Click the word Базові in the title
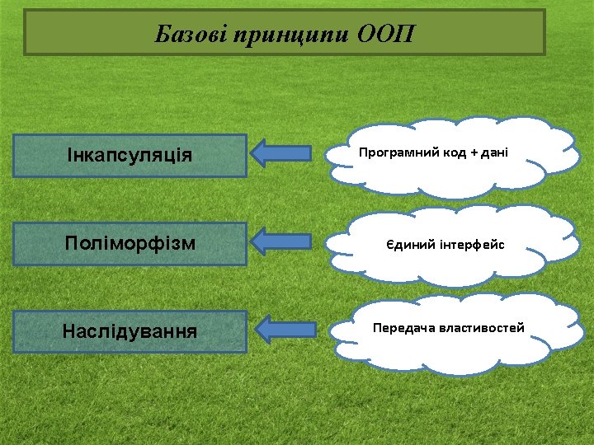pos(191,35)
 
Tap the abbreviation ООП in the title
pos(387,35)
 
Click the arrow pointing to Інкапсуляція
pos(280,153)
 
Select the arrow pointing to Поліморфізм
pos(280,241)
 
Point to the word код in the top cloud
pos(449,152)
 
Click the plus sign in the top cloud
pos(474,152)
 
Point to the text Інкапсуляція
pos(130,156)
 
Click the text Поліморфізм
pos(130,244)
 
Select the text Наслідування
pos(130,332)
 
